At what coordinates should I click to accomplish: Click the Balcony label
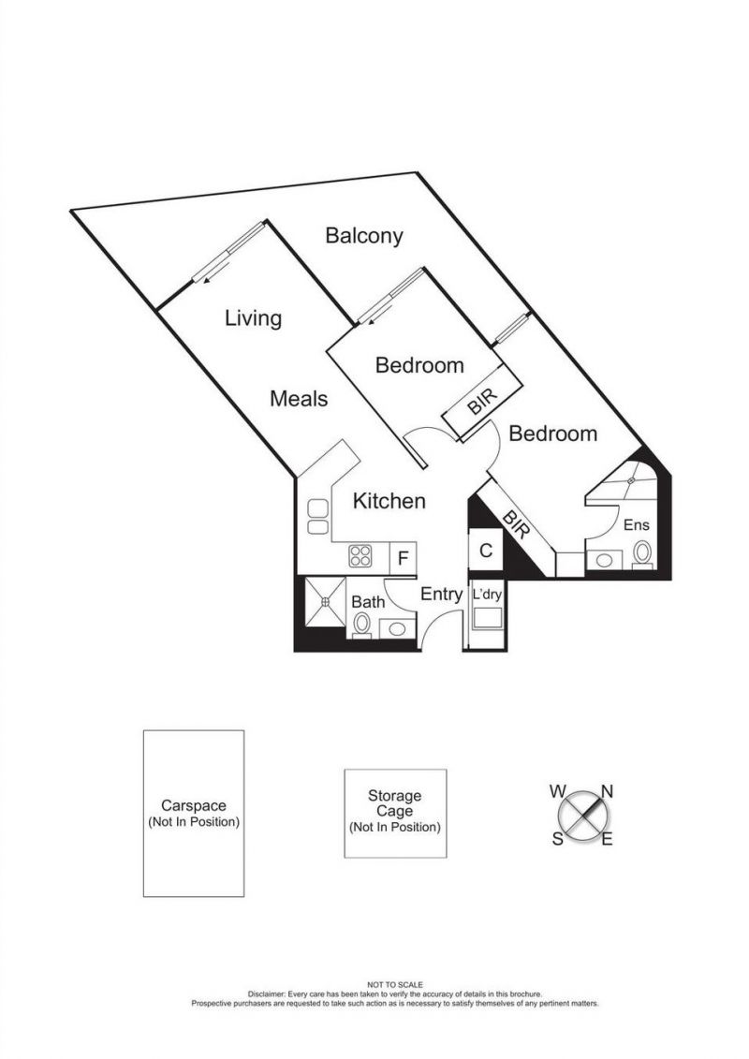click(364, 235)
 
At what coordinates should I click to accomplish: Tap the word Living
click(254, 318)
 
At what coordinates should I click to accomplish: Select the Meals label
click(299, 399)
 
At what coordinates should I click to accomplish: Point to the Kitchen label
click(389, 500)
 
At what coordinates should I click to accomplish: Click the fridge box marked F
click(403, 559)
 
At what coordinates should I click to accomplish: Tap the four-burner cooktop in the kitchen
click(360, 556)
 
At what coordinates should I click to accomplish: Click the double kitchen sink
click(318, 517)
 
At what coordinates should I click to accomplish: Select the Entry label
click(442, 594)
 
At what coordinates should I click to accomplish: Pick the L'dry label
click(487, 595)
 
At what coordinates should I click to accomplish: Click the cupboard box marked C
click(486, 552)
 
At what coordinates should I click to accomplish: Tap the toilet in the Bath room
click(361, 624)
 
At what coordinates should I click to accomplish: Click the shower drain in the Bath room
click(325, 600)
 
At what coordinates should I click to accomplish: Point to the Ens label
click(637, 524)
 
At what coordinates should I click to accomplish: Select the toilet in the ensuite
click(642, 553)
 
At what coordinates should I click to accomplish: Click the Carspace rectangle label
click(194, 813)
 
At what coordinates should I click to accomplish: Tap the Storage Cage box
click(395, 813)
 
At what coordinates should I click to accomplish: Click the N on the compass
click(607, 791)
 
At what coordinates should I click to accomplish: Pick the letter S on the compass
click(558, 840)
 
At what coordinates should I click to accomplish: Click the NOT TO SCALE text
click(394, 985)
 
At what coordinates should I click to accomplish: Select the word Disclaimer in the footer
click(266, 994)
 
